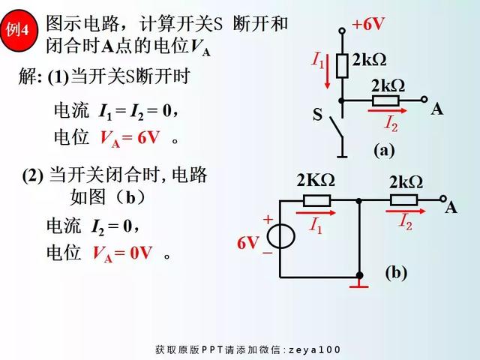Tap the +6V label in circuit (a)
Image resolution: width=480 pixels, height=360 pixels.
(x=367, y=24)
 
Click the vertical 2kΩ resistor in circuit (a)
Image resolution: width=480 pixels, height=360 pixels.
(x=342, y=64)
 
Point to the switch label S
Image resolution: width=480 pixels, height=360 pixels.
(x=317, y=115)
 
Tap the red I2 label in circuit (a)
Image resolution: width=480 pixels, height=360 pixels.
(x=391, y=122)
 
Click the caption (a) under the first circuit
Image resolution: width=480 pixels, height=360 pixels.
(x=384, y=150)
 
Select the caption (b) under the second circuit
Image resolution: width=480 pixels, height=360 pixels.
(x=396, y=272)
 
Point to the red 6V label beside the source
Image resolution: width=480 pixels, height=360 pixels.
(x=248, y=243)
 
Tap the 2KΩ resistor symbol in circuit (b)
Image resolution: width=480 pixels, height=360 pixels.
(x=316, y=200)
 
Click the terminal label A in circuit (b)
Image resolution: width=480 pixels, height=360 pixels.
(x=451, y=208)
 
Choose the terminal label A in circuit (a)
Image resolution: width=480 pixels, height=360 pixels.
(x=437, y=109)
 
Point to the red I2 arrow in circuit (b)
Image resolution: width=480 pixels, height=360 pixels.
(x=401, y=212)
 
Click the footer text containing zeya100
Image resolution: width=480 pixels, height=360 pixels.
(x=247, y=349)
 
